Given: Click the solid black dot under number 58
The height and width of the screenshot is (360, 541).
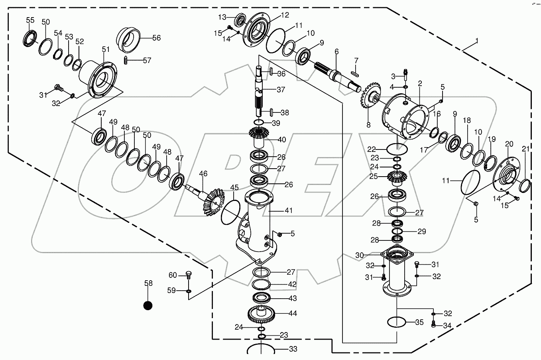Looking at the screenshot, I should tap(148, 305).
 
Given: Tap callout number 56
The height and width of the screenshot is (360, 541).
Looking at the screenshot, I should tap(156, 38).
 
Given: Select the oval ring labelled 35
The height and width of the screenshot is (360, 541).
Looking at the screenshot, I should tap(397, 322).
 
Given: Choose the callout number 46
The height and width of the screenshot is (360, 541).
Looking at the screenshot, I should tap(203, 173).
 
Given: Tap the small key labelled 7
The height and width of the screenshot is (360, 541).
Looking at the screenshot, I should tap(354, 73).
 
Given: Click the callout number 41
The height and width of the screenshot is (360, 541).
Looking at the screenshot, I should tap(288, 210).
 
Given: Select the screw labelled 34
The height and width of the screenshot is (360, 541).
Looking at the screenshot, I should tap(434, 325).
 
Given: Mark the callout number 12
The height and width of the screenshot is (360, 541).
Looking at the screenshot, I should tap(285, 16).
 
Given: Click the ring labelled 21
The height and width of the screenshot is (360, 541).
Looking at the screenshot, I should tap(525, 185).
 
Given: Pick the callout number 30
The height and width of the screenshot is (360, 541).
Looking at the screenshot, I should tap(360, 255).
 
